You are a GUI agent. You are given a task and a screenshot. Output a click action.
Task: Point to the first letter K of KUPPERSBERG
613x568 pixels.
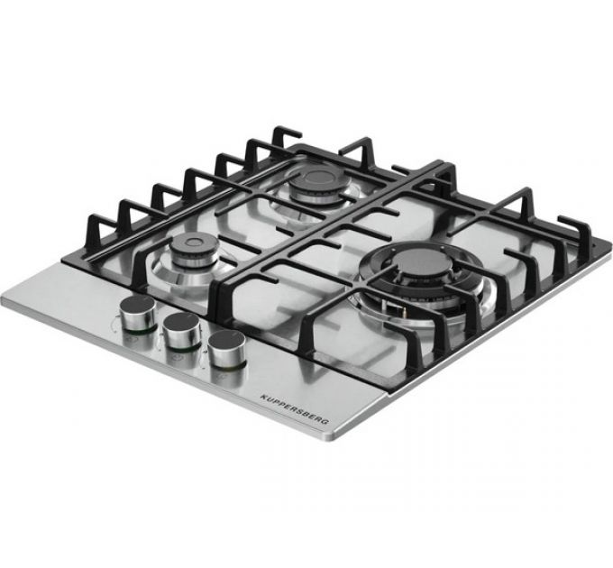262,395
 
